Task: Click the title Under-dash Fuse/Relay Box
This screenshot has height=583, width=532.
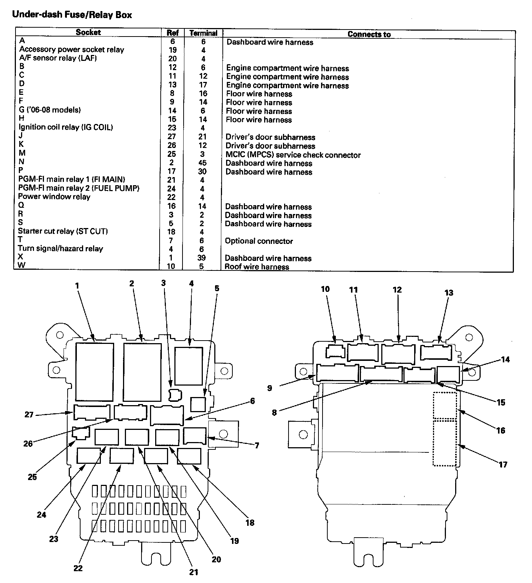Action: [72, 15]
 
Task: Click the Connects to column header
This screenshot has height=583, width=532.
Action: [369, 34]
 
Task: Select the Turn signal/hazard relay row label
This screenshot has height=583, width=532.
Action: [60, 249]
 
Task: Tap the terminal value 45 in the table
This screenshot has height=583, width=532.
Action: [202, 163]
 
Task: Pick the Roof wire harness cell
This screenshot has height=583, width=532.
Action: [257, 267]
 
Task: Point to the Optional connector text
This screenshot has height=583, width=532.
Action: [259, 241]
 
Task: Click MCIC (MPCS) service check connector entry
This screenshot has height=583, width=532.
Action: [293, 155]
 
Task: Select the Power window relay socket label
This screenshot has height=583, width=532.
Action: [54, 197]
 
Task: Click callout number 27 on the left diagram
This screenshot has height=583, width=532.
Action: [29, 414]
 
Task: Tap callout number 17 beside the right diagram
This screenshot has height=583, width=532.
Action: [503, 464]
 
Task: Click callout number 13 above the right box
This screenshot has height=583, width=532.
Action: [449, 293]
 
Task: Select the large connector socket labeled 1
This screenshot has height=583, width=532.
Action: [94, 372]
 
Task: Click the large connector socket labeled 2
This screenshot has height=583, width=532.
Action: [142, 372]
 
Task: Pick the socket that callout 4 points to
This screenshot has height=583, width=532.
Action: [189, 366]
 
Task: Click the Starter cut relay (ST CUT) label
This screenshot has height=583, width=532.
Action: [63, 232]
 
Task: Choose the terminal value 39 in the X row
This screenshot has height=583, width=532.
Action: [201, 258]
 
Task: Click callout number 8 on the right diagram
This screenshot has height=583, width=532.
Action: [274, 412]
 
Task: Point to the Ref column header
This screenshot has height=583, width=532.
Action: [173, 33]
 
